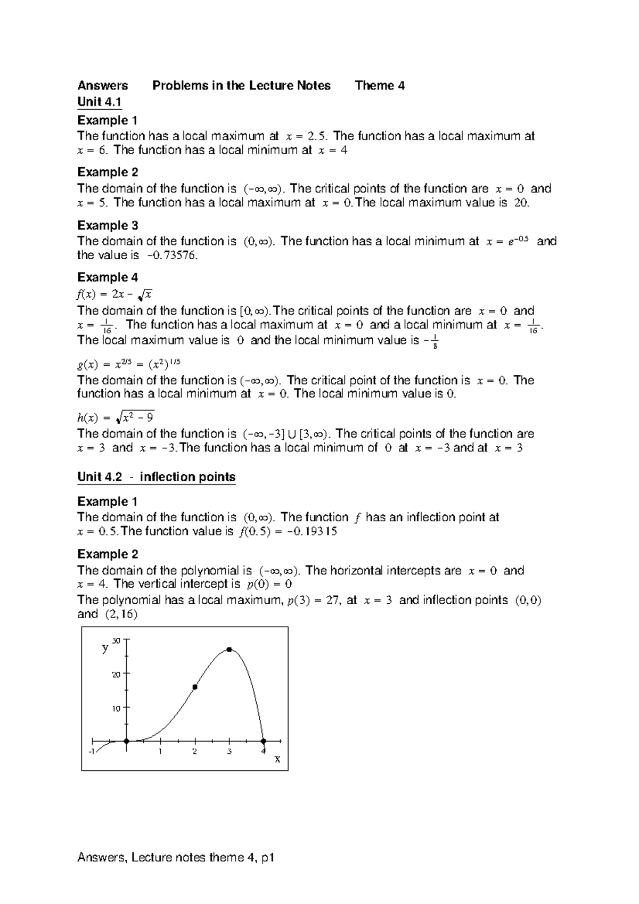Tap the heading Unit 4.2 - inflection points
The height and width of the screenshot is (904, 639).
click(x=156, y=476)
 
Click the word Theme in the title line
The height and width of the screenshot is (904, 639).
click(x=374, y=86)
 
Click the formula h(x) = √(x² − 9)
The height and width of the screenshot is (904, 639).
click(x=116, y=417)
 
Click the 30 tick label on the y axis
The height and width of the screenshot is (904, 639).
click(x=117, y=640)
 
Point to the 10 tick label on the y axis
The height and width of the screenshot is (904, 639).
click(x=117, y=708)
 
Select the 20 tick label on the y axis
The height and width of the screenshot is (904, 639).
click(x=117, y=674)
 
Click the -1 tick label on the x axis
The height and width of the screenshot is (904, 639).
click(x=92, y=751)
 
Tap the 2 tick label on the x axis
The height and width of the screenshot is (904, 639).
click(x=195, y=752)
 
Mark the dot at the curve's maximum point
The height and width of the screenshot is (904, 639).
click(x=229, y=650)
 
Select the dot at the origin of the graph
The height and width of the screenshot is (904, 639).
click(x=126, y=741)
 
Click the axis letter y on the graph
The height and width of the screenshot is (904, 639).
click(x=105, y=648)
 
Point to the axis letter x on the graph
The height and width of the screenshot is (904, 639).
click(x=277, y=759)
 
